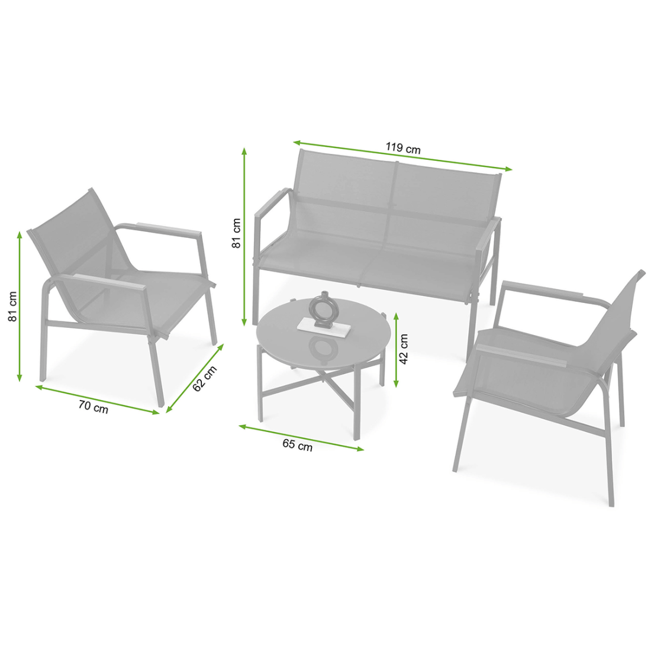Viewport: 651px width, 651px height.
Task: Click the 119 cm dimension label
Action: [x=402, y=148]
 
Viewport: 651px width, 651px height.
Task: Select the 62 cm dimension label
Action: [x=205, y=378]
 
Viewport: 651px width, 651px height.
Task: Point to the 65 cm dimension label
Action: [x=297, y=444]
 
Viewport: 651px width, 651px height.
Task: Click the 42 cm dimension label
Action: [x=404, y=349]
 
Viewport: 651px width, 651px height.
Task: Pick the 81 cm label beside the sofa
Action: [x=236, y=233]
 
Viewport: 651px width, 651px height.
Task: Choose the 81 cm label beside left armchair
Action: [x=12, y=307]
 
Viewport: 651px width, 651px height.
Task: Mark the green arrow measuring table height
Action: [x=396, y=350]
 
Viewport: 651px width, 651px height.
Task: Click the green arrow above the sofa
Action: [x=402, y=156]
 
